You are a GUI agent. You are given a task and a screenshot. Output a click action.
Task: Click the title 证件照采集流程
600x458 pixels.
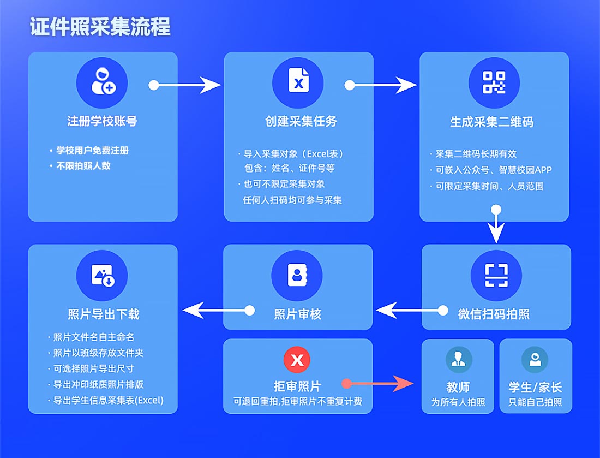(x=100, y=27)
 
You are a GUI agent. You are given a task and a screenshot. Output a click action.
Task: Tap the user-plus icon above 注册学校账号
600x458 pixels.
(x=102, y=82)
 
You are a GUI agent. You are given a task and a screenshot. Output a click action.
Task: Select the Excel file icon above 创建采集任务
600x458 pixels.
(x=298, y=82)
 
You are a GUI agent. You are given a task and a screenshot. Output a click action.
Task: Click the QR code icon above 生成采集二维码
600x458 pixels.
(x=494, y=82)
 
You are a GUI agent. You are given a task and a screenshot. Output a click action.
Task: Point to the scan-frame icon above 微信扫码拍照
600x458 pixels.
(x=496, y=275)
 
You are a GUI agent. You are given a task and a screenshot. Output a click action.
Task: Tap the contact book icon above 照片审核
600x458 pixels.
(x=297, y=275)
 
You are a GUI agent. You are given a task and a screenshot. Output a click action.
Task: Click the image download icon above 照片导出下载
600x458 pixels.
(x=102, y=275)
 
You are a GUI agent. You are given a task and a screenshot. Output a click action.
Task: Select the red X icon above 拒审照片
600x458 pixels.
(x=297, y=360)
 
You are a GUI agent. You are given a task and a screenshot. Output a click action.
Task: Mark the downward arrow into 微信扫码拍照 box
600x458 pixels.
(x=496, y=225)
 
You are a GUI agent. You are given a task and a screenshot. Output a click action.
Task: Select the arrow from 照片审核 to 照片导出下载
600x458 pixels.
(x=218, y=311)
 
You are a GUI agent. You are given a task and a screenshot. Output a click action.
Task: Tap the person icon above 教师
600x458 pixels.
(x=458, y=360)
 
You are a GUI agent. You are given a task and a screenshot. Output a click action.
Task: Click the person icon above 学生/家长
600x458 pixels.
(x=535, y=360)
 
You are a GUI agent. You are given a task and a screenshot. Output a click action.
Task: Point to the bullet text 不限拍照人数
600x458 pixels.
(x=83, y=165)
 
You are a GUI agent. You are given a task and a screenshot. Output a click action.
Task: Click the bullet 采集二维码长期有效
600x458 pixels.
(x=476, y=154)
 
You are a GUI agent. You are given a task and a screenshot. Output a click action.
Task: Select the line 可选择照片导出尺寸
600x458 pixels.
(x=93, y=368)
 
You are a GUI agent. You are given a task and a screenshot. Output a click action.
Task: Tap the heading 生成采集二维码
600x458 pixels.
(x=491, y=122)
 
